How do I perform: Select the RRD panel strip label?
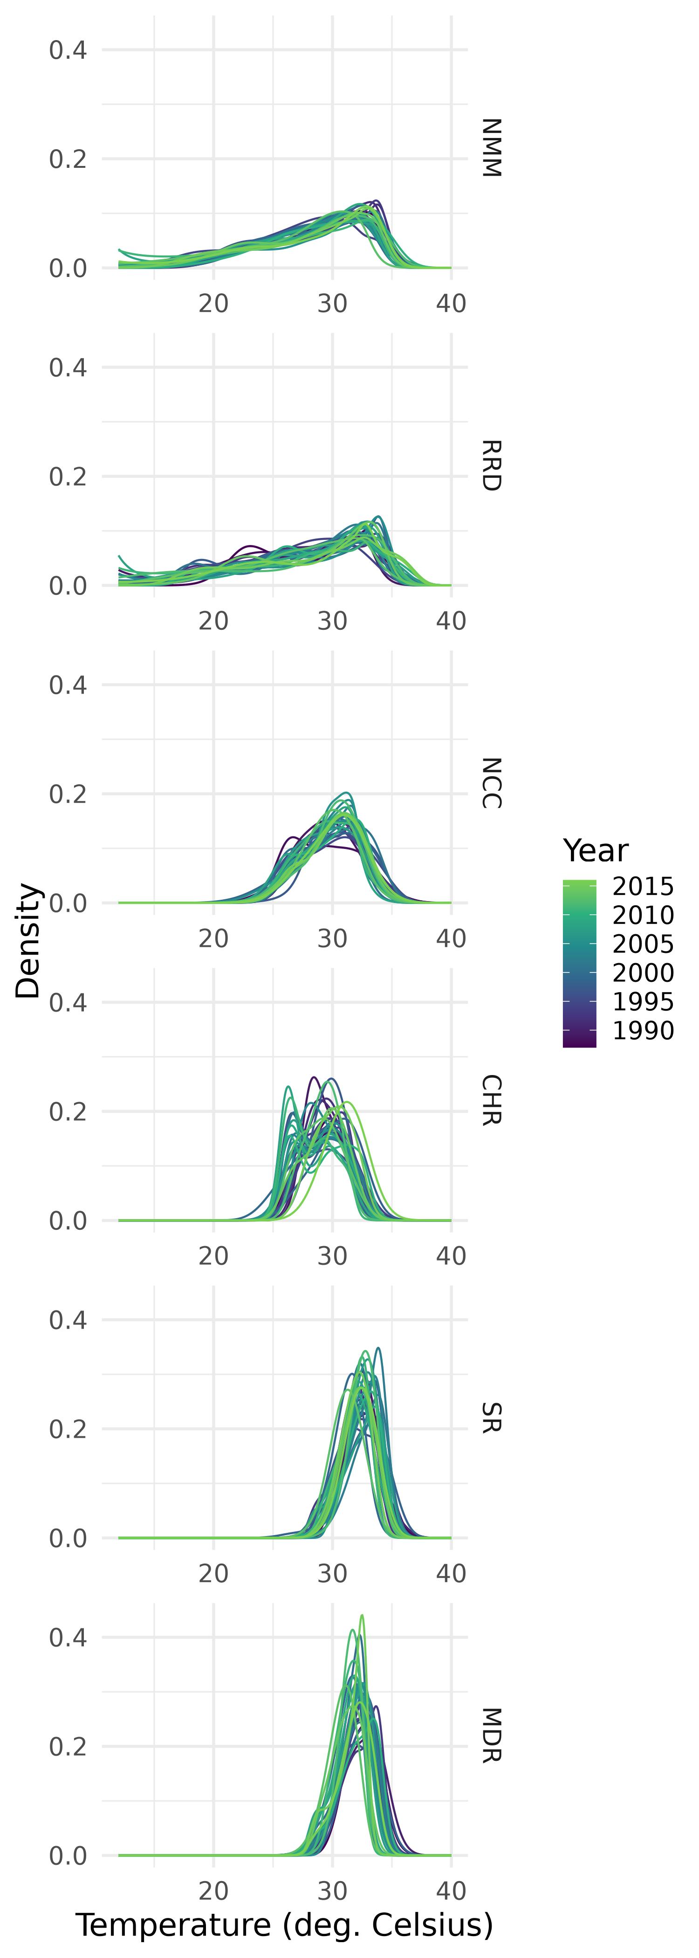tap(491, 465)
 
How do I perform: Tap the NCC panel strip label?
tap(491, 783)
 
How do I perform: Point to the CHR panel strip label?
tap(491, 1100)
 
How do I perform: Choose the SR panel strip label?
tap(491, 1418)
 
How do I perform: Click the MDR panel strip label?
tap(491, 1735)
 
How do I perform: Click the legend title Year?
tap(596, 850)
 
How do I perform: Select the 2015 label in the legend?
tap(643, 886)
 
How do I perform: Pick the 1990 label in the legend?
tap(643, 1031)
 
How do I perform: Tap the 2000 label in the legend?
tap(643, 973)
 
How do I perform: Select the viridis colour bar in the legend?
tap(579, 964)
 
